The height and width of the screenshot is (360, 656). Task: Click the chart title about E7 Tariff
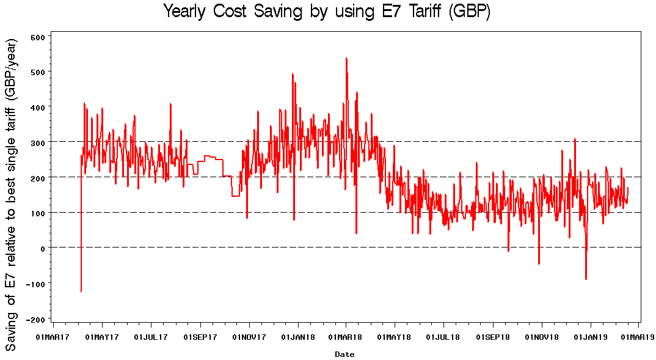[327, 12]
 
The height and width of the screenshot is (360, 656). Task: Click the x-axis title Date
[344, 354]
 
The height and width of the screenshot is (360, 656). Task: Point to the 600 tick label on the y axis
[38, 37]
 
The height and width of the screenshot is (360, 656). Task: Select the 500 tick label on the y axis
[38, 72]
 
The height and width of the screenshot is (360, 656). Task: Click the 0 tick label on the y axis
[43, 248]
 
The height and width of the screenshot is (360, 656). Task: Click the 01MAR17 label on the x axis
[53, 337]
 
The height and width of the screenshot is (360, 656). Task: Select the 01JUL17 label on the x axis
[151, 337]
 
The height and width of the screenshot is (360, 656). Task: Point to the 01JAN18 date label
[298, 337]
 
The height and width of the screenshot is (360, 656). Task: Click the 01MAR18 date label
[346, 337]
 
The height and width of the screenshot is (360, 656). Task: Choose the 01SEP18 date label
[493, 337]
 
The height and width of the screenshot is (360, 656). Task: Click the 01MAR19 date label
[638, 337]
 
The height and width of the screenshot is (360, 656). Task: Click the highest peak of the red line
[346, 58]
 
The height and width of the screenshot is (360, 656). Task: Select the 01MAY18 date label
[395, 337]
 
